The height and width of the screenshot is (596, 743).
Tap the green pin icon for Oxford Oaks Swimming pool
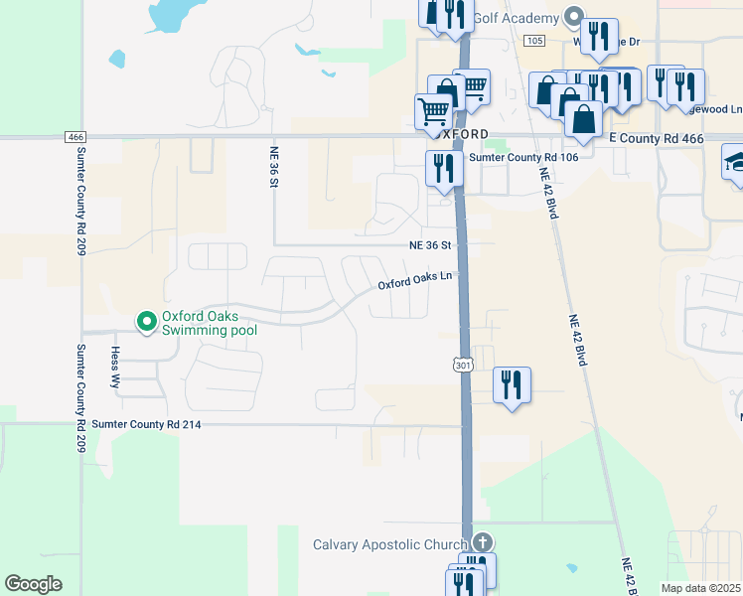(x=146, y=320)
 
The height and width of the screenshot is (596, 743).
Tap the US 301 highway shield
(x=463, y=366)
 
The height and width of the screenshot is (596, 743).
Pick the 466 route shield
(x=75, y=136)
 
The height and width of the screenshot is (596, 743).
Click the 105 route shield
(x=534, y=41)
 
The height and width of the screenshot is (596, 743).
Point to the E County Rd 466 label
(x=655, y=137)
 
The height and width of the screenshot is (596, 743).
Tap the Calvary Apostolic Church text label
(x=389, y=544)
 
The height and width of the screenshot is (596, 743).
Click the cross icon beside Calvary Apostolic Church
(x=482, y=542)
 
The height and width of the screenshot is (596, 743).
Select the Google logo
(x=33, y=584)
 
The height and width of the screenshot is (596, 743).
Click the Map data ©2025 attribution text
(x=700, y=588)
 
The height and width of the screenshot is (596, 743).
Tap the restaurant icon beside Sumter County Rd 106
(x=443, y=168)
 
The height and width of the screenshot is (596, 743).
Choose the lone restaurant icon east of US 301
(x=512, y=384)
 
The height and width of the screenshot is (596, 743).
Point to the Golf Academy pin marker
(x=573, y=17)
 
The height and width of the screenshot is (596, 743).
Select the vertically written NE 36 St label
(x=275, y=168)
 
